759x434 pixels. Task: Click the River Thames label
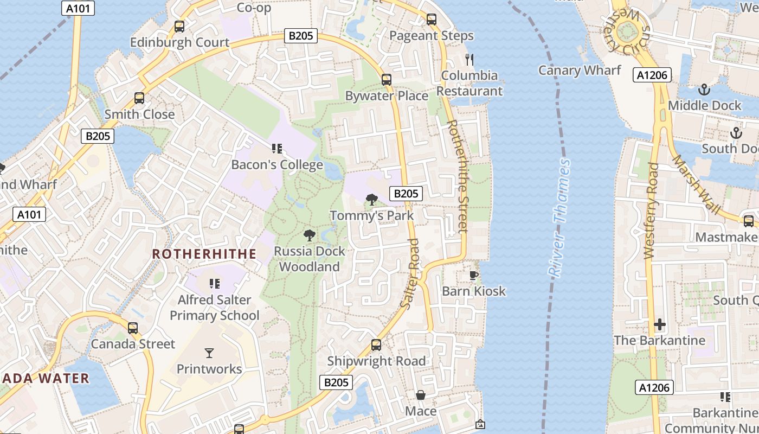[559, 218]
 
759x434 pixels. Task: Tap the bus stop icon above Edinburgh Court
[179, 26]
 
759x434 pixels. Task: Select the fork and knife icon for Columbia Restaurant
[469, 59]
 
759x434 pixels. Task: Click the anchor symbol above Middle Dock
[704, 90]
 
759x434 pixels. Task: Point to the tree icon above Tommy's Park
[372, 200]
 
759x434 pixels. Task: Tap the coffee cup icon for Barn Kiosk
[473, 275]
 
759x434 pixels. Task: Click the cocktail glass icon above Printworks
[209, 353]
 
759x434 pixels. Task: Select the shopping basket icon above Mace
[421, 395]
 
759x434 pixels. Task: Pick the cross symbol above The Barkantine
[659, 324]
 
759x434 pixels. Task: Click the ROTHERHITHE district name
[204, 254]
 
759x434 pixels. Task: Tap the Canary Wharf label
[580, 70]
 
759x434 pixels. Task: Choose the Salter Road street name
[410, 274]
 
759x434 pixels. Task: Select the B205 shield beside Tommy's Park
[406, 193]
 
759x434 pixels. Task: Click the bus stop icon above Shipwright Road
[376, 345]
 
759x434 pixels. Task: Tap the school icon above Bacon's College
[277, 149]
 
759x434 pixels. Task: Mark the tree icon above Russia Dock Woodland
[309, 235]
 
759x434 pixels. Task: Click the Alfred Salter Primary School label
[215, 308]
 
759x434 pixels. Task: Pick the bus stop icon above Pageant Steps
[432, 20]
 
